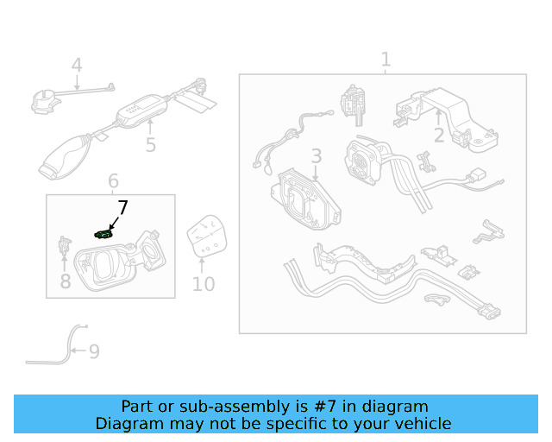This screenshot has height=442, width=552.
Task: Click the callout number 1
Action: tap(386, 60)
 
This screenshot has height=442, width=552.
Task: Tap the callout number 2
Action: tap(439, 136)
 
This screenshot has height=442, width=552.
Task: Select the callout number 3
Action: tap(317, 155)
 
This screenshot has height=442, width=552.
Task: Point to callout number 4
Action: tap(77, 66)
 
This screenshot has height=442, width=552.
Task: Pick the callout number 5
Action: tap(151, 145)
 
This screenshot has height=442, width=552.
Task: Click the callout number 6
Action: tap(113, 180)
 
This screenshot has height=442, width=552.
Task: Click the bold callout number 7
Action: tap(122, 207)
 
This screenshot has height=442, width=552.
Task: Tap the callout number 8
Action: tap(66, 281)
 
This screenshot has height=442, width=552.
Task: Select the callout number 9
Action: tap(94, 351)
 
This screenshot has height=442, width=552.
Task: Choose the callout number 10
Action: tap(204, 284)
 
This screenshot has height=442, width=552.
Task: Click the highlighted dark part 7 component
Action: tap(104, 234)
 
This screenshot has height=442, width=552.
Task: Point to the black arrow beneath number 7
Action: tap(114, 223)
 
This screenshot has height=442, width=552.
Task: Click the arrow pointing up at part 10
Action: tap(202, 266)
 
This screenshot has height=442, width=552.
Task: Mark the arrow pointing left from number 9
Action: tap(78, 350)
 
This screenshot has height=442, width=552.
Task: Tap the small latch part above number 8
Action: tap(65, 245)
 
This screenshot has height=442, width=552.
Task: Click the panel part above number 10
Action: tap(207, 235)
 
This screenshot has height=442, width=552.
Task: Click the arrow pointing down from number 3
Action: tap(316, 173)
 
